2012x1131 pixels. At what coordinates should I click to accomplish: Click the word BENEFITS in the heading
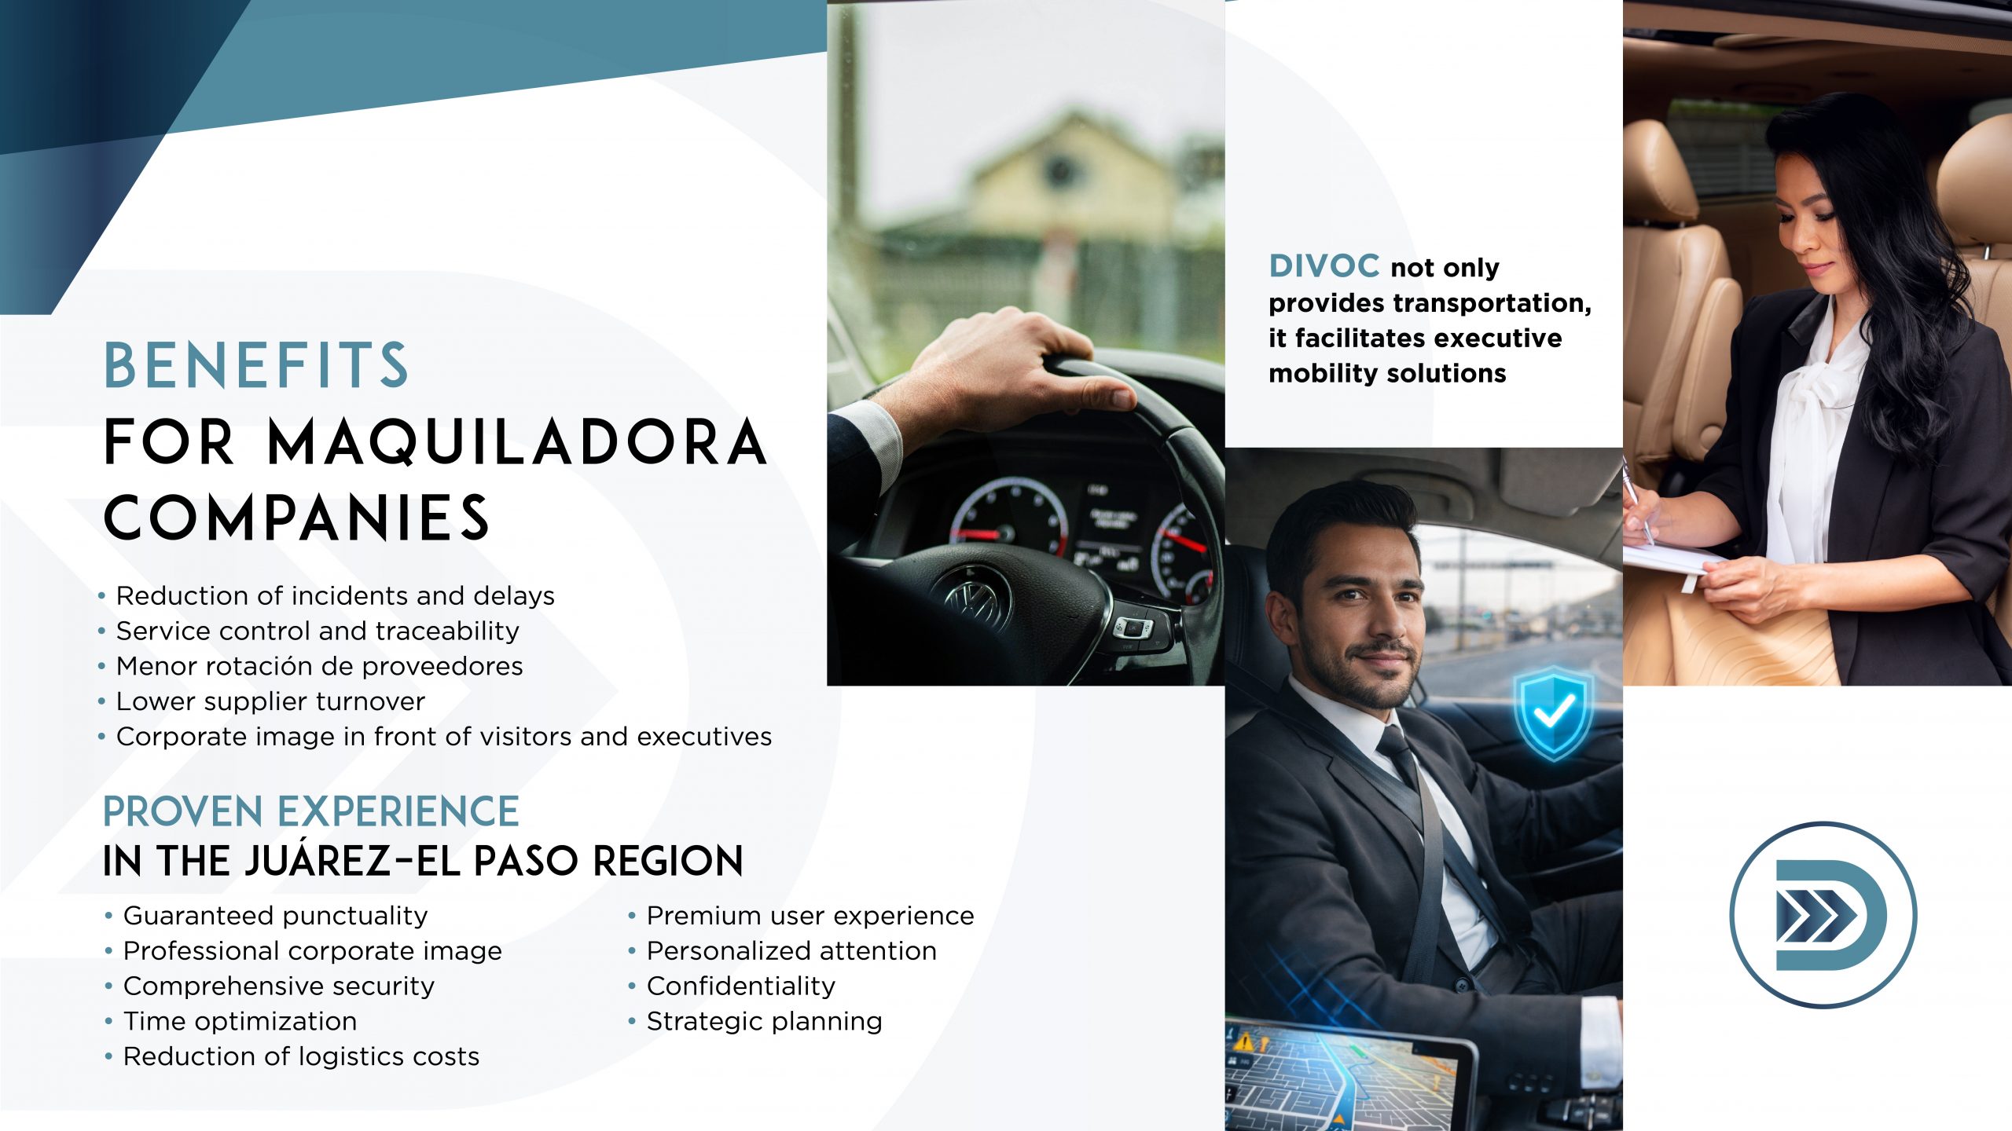[256, 365]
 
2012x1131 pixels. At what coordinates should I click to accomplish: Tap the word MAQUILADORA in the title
[517, 442]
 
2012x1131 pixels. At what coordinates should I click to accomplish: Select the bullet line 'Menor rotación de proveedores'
[319, 666]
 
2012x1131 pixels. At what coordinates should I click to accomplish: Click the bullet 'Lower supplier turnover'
[270, 701]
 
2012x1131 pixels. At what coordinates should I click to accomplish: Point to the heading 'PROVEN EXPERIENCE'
[311, 811]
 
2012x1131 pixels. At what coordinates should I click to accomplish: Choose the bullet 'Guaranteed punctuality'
[276, 916]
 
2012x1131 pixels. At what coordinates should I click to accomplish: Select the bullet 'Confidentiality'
[741, 986]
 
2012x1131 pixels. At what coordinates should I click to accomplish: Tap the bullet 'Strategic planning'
[765, 1021]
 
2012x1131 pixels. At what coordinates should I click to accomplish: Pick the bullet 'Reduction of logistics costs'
[301, 1056]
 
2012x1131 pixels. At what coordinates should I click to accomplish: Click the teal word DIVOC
[1324, 266]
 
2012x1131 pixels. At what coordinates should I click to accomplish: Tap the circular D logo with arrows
[1823, 915]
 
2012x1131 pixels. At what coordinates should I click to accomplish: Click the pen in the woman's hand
[1637, 503]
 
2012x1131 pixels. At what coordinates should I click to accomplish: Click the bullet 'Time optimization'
[240, 1021]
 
